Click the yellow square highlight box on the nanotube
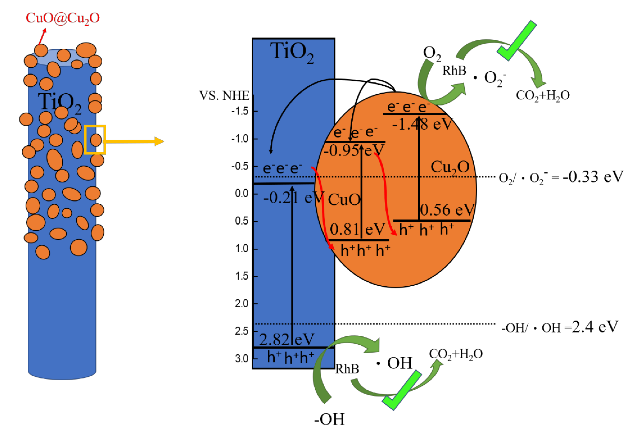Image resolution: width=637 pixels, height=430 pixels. pos(95,140)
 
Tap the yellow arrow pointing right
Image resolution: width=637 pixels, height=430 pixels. pos(134,141)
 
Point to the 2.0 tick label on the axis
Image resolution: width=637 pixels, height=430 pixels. pos(242,304)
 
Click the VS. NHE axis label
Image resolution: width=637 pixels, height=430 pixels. pos(224,96)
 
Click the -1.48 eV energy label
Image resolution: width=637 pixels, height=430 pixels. pos(422,124)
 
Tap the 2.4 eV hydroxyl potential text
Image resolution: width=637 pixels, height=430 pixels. pos(595,327)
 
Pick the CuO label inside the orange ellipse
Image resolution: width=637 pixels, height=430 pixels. pos(344,200)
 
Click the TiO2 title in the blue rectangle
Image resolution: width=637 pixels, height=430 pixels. pos(292,52)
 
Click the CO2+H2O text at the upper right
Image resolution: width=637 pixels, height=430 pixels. pos(543,96)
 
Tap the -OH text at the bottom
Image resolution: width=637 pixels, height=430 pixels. pos(329,419)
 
